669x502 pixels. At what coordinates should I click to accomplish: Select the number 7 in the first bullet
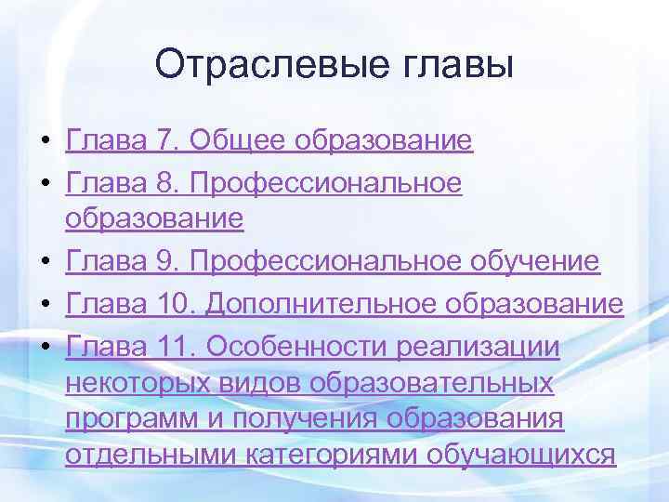[165, 141]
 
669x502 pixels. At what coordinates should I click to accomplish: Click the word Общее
[239, 141]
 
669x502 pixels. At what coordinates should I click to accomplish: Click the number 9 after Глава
[165, 261]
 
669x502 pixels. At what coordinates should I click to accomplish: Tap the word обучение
[538, 261]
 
